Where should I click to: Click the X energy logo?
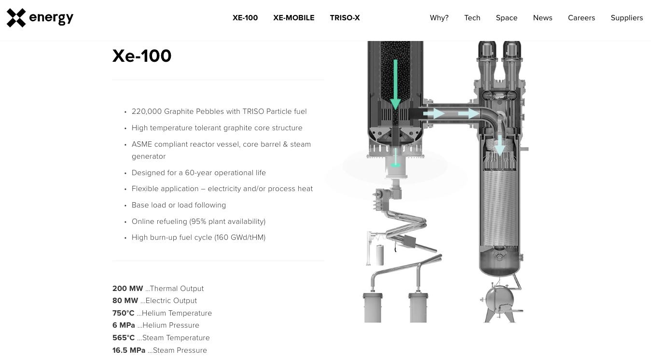[40, 18]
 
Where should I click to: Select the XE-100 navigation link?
[245, 18]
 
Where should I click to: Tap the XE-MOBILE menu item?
[293, 18]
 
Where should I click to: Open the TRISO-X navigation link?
[345, 18]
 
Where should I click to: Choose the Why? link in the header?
[439, 18]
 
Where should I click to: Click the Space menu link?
[507, 18]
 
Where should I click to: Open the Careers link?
[581, 18]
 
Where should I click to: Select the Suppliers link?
[626, 18]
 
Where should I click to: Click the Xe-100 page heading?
[142, 56]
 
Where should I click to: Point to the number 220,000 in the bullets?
[147, 111]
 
